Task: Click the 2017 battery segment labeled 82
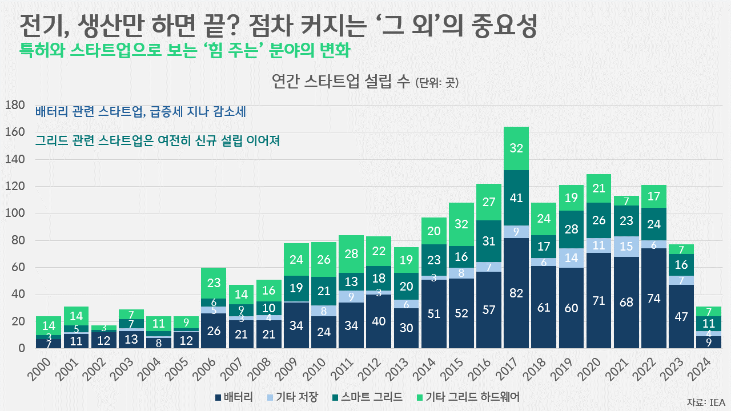tap(516, 293)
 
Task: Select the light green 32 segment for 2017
tap(516, 148)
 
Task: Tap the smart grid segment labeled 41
tap(516, 198)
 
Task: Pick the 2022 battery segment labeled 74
tap(654, 299)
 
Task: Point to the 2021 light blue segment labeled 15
tap(626, 246)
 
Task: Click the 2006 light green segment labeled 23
tap(214, 283)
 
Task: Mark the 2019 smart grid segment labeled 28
tap(571, 229)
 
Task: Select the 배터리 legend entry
tap(234, 397)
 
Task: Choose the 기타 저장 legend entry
tap(292, 397)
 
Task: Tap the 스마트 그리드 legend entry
tap(369, 397)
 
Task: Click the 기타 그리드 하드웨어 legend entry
tap(468, 397)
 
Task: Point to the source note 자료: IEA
tap(705, 401)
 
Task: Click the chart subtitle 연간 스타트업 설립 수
tap(340, 82)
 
